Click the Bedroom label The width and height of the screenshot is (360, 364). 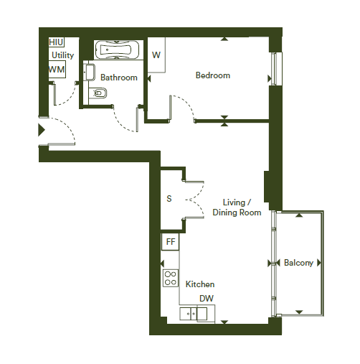(x=213, y=75)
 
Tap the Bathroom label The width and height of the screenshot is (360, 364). (x=119, y=78)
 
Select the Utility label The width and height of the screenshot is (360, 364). (x=62, y=55)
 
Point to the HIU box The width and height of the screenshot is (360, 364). (x=57, y=42)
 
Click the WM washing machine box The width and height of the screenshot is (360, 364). (x=57, y=70)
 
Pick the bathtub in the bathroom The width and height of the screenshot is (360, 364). (x=116, y=50)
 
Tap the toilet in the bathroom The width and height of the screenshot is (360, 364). (x=98, y=93)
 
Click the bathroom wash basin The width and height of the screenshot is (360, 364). (x=90, y=72)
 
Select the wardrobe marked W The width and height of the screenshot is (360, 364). (x=156, y=55)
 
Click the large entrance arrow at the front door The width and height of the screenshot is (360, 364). (x=42, y=130)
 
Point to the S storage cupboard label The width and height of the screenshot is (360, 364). (x=169, y=199)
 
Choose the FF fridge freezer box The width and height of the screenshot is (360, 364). (x=170, y=242)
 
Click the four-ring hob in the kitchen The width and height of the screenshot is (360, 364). (x=171, y=278)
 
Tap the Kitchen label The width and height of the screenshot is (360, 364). (x=200, y=284)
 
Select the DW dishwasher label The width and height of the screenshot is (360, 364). (x=207, y=299)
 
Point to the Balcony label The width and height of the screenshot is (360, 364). (x=298, y=263)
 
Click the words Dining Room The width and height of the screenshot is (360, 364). (x=237, y=213)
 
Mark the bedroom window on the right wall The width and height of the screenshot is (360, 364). (x=276, y=69)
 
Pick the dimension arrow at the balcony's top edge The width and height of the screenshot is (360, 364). (x=299, y=215)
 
